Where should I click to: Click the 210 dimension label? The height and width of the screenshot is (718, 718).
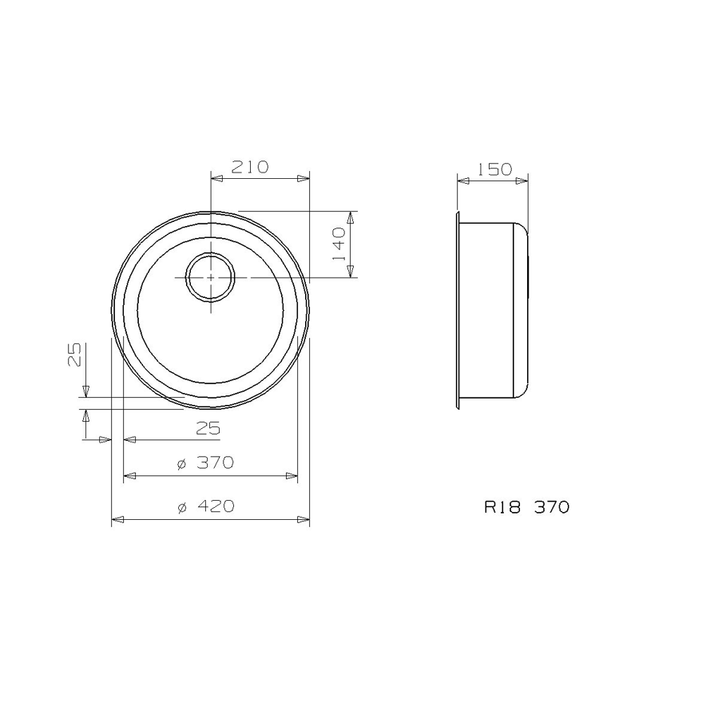pyautogui.click(x=250, y=167)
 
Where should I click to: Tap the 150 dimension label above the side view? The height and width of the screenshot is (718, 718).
pyautogui.click(x=494, y=169)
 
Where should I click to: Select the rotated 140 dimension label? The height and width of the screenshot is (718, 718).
pyautogui.click(x=339, y=244)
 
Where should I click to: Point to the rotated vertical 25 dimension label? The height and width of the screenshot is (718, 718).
pyautogui.click(x=74, y=354)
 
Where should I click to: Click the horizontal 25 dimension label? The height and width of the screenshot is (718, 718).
pyautogui.click(x=208, y=429)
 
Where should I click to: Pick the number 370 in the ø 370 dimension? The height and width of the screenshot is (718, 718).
pyautogui.click(x=216, y=463)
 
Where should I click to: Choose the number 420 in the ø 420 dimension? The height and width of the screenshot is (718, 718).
pyautogui.click(x=216, y=506)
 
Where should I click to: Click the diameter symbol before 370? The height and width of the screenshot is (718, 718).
pyautogui.click(x=181, y=464)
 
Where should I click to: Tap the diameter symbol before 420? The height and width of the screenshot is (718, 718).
pyautogui.click(x=181, y=507)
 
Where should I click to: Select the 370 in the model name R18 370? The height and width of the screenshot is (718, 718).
pyautogui.click(x=552, y=506)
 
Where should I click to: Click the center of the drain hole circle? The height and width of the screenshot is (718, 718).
pyautogui.click(x=210, y=277)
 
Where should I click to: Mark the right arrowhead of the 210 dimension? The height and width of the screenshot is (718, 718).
pyautogui.click(x=303, y=179)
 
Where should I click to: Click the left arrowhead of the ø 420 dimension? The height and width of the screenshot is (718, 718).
pyautogui.click(x=117, y=520)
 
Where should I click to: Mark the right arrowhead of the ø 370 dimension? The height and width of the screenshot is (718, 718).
pyautogui.click(x=292, y=476)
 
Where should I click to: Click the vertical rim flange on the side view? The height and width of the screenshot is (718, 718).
pyautogui.click(x=458, y=311)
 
